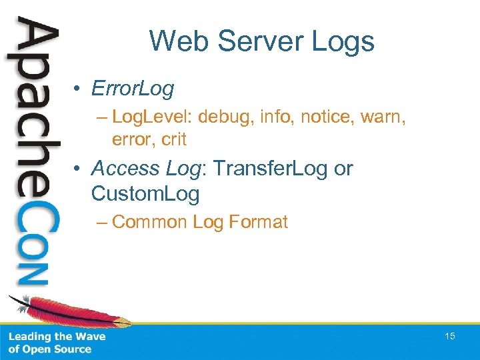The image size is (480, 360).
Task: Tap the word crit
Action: pyautogui.click(x=173, y=139)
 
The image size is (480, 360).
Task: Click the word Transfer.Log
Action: pyautogui.click(x=274, y=169)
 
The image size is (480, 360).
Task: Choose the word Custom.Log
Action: pyautogui.click(x=145, y=193)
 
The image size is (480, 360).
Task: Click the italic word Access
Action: pyautogui.click(x=125, y=169)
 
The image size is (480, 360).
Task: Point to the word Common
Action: pyautogui.click(x=150, y=222)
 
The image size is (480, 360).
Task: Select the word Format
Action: pyautogui.click(x=258, y=222)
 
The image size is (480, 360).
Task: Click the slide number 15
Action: pyautogui.click(x=450, y=336)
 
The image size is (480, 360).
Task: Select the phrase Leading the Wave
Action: pyautogui.click(x=56, y=337)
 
